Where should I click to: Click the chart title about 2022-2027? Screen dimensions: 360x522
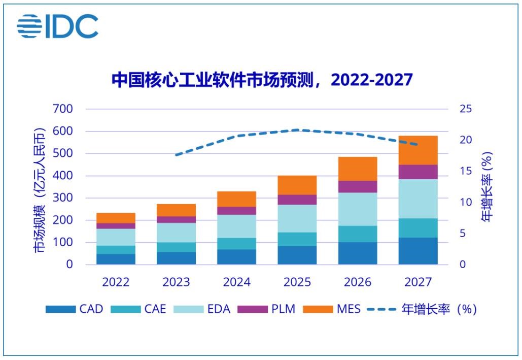[x=262, y=80]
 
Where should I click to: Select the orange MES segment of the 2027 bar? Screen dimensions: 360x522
[x=418, y=150]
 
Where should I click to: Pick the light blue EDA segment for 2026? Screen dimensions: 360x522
[x=358, y=209]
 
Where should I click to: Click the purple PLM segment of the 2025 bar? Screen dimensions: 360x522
[x=297, y=200]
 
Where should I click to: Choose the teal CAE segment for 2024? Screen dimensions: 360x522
[x=237, y=244]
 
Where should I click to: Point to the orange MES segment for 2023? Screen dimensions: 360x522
[x=177, y=210]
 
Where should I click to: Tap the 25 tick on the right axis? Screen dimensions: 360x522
[x=466, y=109]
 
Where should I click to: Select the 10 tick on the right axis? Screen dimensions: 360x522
[x=466, y=202]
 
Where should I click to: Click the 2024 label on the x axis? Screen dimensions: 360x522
[x=237, y=282]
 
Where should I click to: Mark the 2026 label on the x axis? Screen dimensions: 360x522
[x=358, y=282]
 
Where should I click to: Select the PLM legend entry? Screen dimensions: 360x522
[x=269, y=309]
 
